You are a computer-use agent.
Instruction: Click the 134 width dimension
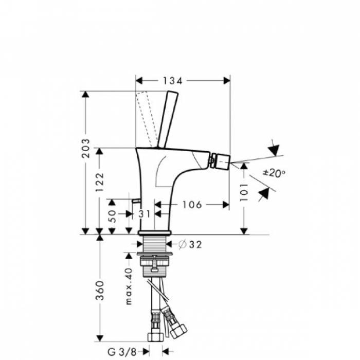[172, 81]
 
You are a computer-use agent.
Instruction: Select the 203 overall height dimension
[86, 148]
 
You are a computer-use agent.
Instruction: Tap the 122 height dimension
[100, 182]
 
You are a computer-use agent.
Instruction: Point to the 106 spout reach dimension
[192, 205]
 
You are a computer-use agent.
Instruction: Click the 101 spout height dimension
[244, 192]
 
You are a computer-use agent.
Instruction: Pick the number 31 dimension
[145, 214]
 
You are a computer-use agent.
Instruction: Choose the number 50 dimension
[112, 216]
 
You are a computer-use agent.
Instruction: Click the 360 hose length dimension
[100, 290]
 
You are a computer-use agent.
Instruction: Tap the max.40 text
[129, 286]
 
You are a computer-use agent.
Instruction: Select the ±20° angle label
[274, 173]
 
